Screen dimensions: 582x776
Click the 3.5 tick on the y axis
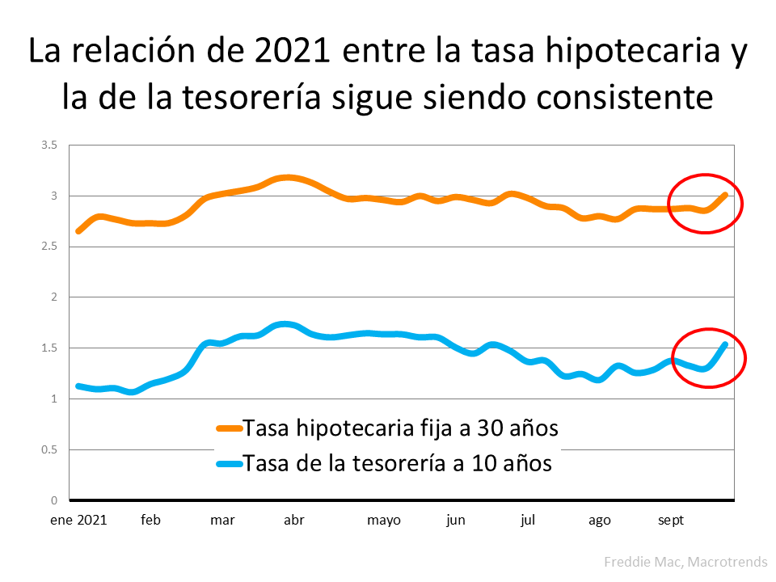tap(50, 145)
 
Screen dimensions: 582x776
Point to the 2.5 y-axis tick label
tap(50, 247)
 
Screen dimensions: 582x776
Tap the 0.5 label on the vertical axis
tap(50, 449)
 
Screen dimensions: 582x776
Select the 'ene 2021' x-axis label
tap(78, 521)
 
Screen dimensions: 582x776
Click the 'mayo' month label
tap(384, 521)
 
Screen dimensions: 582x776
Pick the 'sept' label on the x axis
tap(670, 521)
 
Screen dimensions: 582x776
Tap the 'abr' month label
tap(294, 521)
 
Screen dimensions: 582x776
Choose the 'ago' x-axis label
tap(599, 521)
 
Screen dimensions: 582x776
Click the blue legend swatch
tap(229, 464)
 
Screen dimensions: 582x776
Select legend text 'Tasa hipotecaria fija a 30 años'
tap(400, 428)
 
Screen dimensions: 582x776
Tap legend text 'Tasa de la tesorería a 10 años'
tap(397, 463)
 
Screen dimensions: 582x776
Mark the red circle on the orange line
tap(705, 204)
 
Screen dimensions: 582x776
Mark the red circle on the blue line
tap(708, 358)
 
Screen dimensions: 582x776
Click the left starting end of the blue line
tap(78, 386)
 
